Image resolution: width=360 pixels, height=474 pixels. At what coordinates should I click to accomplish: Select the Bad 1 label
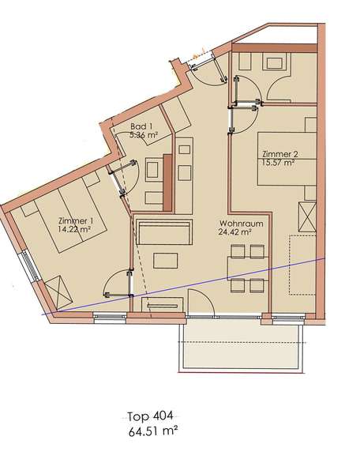click(142, 126)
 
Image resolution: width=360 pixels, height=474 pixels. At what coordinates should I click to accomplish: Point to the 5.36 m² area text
click(144, 135)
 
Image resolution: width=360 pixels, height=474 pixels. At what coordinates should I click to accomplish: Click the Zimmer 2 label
click(276, 155)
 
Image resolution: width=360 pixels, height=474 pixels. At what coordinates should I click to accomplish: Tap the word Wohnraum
click(236, 223)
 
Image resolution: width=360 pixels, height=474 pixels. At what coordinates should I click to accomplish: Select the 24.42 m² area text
click(235, 232)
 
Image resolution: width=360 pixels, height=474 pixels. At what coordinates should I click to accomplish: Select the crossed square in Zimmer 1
click(59, 288)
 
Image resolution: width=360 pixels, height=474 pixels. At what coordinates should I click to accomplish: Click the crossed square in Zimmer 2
click(306, 215)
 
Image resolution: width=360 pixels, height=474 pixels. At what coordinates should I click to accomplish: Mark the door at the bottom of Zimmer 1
click(118, 282)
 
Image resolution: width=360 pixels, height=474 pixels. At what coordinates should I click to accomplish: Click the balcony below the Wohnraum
click(242, 348)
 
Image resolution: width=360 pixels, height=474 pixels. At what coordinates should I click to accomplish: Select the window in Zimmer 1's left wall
click(30, 268)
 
